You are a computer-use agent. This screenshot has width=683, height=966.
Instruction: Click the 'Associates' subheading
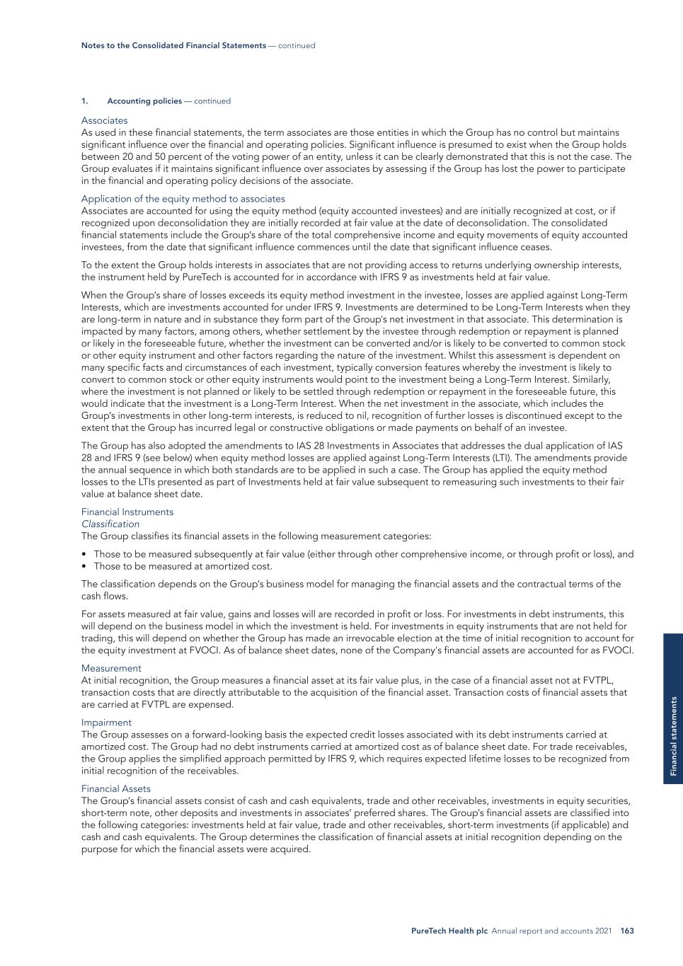[x=104, y=120]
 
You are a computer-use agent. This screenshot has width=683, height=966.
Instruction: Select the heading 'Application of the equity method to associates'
[x=183, y=199]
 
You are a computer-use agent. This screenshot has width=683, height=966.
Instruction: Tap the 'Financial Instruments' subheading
[x=127, y=512]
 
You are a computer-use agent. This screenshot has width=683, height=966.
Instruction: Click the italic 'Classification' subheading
[x=110, y=524]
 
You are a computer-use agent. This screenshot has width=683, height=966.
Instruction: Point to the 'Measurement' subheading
[x=111, y=668]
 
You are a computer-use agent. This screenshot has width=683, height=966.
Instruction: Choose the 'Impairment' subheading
[x=106, y=723]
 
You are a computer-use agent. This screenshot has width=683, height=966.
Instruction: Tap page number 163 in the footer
[x=626, y=931]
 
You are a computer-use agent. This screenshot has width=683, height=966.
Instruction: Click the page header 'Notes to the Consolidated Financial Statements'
[x=173, y=45]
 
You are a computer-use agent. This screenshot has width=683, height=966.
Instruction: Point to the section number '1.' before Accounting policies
[x=84, y=101]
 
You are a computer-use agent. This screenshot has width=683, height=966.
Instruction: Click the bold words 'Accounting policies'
[x=144, y=101]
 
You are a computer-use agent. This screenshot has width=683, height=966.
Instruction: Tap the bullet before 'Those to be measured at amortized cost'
[x=84, y=566]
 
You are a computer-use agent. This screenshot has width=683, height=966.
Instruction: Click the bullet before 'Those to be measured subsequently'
[x=84, y=554]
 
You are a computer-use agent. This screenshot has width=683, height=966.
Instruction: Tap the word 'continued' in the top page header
[x=297, y=45]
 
